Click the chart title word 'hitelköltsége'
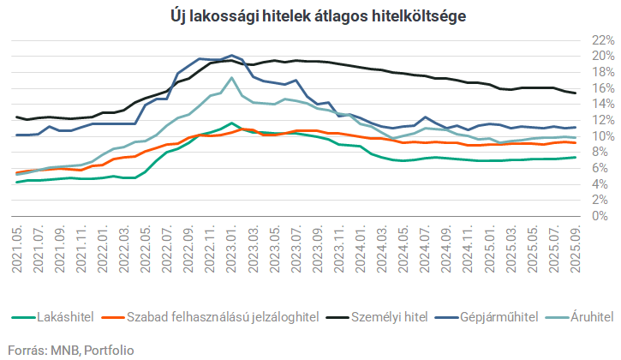(x=422, y=16)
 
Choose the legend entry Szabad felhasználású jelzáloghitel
(x=223, y=316)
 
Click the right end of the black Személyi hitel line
(x=575, y=93)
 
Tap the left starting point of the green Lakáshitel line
(x=17, y=182)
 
